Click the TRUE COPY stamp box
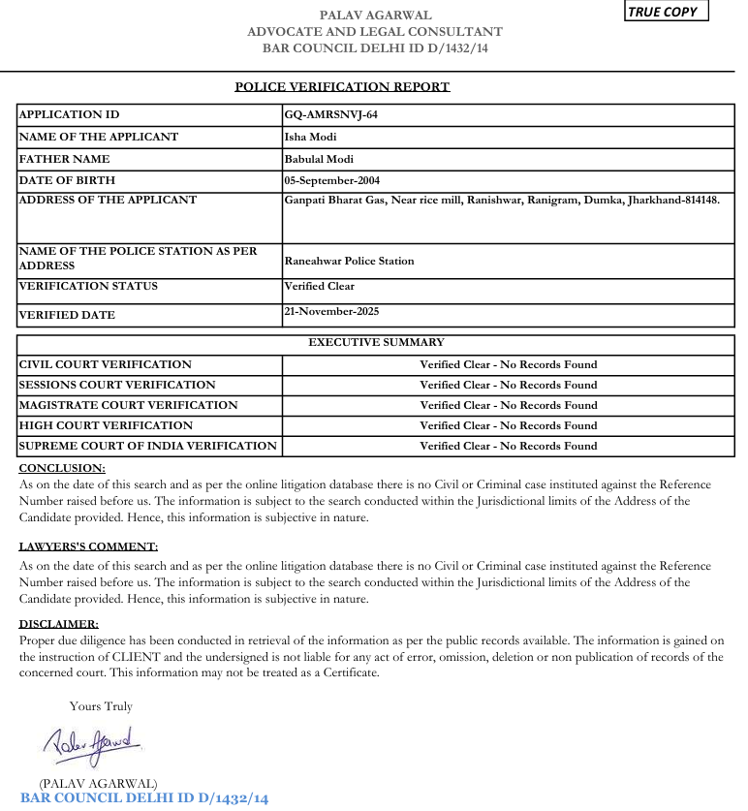click(x=667, y=12)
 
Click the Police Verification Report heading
click(x=342, y=87)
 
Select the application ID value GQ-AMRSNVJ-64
click(x=330, y=114)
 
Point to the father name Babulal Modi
click(x=319, y=159)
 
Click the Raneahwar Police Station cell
click(x=349, y=261)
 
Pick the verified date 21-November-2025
click(x=331, y=311)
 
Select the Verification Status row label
click(x=88, y=286)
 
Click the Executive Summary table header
click(x=376, y=342)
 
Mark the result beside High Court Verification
click(x=508, y=425)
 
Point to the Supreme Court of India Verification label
click(x=147, y=446)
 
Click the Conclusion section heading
click(x=62, y=468)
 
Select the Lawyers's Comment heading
click(x=88, y=546)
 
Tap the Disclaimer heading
click(x=58, y=625)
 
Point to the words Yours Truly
click(x=101, y=706)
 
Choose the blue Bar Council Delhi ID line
click(x=143, y=798)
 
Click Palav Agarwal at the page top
click(x=375, y=15)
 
